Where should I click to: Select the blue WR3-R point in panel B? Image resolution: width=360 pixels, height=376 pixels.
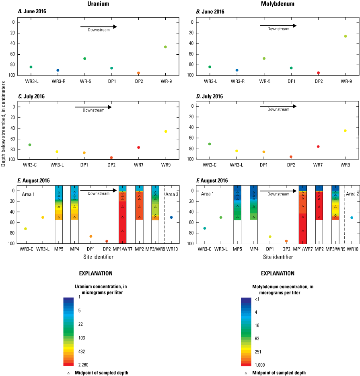(237, 70)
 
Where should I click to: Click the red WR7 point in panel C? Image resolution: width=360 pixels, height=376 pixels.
(138, 148)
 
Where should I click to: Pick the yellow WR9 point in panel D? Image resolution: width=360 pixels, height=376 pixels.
(345, 131)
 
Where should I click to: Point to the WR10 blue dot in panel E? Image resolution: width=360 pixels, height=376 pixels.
(171, 217)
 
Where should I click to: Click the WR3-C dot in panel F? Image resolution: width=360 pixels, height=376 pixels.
(205, 228)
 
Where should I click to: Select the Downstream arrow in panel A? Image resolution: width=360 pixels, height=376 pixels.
(99, 27)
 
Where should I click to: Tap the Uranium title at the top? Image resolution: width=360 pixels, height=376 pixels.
(97, 4)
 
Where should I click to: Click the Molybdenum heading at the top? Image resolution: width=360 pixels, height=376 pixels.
(278, 4)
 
